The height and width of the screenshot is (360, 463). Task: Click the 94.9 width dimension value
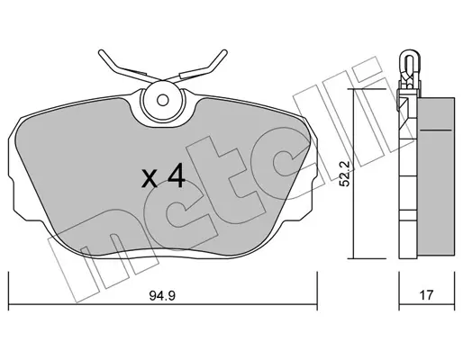click(x=162, y=296)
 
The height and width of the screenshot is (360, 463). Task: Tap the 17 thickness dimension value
click(x=426, y=295)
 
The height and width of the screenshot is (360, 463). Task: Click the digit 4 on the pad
click(x=177, y=176)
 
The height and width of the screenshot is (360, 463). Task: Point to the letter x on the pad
click(x=150, y=179)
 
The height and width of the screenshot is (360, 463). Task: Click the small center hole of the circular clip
click(x=163, y=100)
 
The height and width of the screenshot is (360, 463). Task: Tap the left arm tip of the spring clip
click(x=101, y=52)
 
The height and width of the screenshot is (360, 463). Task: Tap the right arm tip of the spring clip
click(x=224, y=52)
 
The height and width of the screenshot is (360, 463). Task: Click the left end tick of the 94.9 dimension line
click(x=9, y=292)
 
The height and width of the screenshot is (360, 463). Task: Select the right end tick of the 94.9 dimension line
click(x=317, y=292)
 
